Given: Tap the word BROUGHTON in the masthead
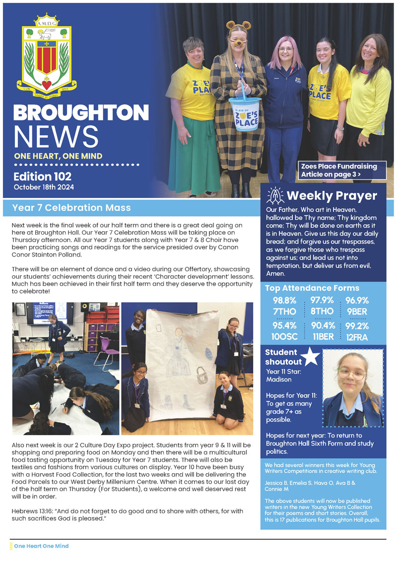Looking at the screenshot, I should pyautogui.click(x=81, y=112).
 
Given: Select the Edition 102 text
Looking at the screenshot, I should pyautogui.click(x=43, y=177).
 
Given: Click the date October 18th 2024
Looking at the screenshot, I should pyautogui.click(x=45, y=187).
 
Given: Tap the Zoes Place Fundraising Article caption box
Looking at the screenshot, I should pyautogui.click(x=342, y=170).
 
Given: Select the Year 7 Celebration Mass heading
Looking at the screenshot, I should pyautogui.click(x=71, y=207).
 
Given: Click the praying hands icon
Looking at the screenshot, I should pyautogui.click(x=275, y=195).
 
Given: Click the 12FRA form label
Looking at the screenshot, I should pyautogui.click(x=357, y=337).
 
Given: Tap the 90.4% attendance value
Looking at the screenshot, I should pyautogui.click(x=322, y=326).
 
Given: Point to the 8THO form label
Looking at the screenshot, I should pyautogui.click(x=322, y=311).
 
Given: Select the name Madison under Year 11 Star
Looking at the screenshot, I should pyautogui.click(x=278, y=379).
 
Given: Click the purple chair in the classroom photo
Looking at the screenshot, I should pyautogui.click(x=107, y=350).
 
